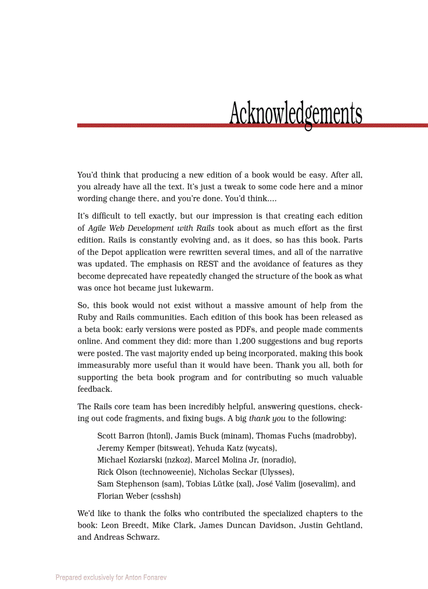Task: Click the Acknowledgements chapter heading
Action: pos(295,113)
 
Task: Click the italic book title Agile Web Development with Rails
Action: pos(152,228)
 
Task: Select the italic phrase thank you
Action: pos(267,419)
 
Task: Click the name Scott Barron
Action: pos(121,436)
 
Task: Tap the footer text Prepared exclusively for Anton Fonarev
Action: pos(111,577)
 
